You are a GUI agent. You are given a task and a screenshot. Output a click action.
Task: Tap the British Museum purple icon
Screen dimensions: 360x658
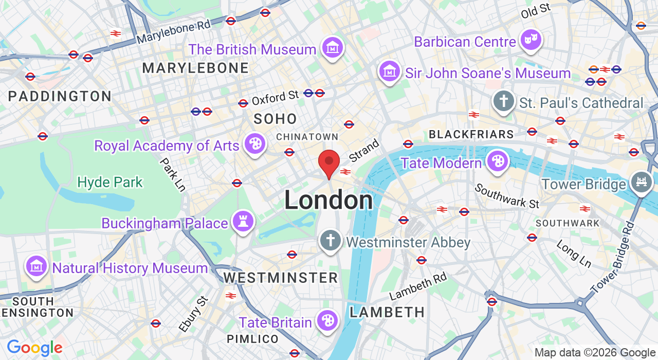coord(333,48)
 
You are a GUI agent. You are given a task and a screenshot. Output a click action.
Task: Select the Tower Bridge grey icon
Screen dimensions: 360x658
coord(642,183)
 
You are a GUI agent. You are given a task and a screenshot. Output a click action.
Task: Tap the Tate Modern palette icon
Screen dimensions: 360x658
coord(497,161)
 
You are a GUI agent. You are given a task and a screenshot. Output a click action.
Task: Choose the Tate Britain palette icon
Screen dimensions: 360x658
coord(327,321)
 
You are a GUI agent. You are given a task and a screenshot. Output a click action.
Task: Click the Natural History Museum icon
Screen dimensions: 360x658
coord(36,266)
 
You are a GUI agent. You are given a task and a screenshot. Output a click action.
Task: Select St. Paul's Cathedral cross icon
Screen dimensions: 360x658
coord(504,101)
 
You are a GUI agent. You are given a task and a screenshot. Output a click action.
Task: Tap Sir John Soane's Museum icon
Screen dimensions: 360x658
coord(390,71)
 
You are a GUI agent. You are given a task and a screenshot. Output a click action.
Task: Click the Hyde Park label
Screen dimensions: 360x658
coord(110,182)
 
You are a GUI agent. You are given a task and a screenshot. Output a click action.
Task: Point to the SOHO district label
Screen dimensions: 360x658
coord(276,119)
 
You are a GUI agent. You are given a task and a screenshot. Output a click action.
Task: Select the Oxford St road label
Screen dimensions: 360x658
coord(275,97)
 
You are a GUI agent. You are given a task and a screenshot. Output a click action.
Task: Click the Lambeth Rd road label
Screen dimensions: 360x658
coord(418,286)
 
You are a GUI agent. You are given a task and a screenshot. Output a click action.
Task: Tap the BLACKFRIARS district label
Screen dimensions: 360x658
coord(471,135)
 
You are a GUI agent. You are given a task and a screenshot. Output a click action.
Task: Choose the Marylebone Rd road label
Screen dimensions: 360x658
coord(173,32)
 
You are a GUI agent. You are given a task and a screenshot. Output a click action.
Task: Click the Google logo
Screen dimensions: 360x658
coord(34,348)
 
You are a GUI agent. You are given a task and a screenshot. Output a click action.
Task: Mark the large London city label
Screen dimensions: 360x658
coord(328,201)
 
